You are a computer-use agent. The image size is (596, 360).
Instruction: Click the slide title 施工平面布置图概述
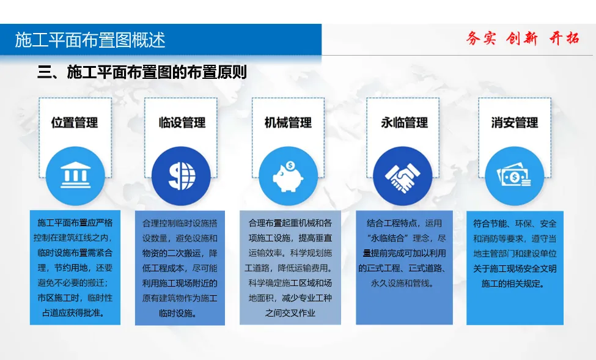click(90, 40)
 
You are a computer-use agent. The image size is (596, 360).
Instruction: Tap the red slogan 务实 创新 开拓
click(523, 39)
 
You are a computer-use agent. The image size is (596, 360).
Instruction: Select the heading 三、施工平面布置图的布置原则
click(142, 72)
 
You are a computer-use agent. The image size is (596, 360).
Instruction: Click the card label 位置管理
click(75, 122)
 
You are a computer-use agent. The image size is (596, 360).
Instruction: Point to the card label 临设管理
click(182, 122)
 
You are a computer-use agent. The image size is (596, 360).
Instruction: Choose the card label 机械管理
click(288, 122)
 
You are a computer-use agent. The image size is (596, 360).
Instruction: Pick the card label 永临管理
click(405, 122)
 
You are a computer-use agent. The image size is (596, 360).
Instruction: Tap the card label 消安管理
click(514, 122)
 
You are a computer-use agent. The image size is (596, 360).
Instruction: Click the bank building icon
click(76, 175)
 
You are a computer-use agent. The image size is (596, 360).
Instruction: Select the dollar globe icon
click(182, 176)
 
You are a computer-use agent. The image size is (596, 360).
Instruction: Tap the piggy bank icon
click(288, 177)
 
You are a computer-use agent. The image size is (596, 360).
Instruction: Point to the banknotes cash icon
click(514, 175)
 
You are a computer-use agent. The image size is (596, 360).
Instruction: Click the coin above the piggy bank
click(290, 166)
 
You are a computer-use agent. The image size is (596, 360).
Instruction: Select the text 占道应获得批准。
click(75, 313)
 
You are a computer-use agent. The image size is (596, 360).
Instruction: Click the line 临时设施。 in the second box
click(180, 314)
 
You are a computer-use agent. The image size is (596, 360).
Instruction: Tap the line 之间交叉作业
click(290, 313)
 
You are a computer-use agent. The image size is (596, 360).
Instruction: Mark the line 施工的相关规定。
click(515, 284)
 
